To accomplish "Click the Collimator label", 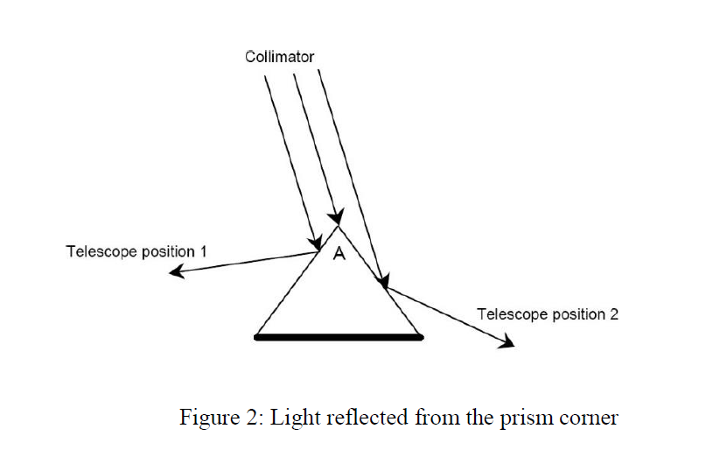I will [280, 57].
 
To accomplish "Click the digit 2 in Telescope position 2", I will [613, 313].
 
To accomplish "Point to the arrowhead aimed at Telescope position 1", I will [175, 272].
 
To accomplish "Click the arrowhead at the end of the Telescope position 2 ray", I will [507, 344].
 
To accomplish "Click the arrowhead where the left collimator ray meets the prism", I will [313, 243].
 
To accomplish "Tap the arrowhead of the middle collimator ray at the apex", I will [335, 216].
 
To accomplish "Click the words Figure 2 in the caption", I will [215, 418].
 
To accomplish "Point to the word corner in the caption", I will [589, 418].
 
